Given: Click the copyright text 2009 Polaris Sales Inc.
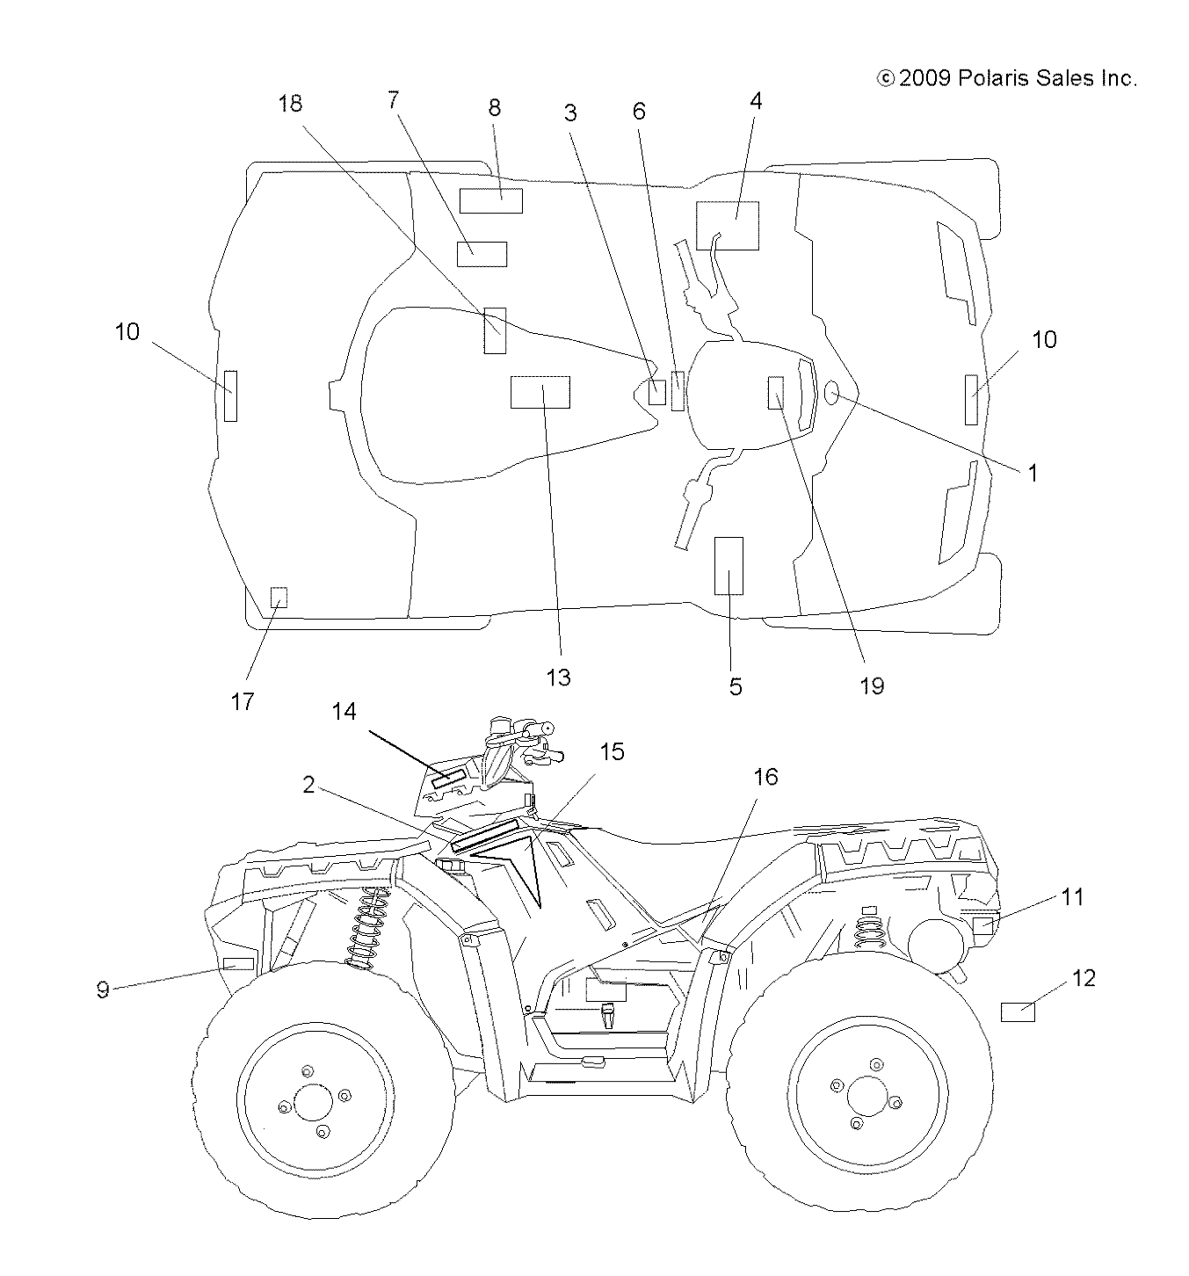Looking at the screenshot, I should pyautogui.click(x=1007, y=79).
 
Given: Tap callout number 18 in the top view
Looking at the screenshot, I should pyautogui.click(x=290, y=104).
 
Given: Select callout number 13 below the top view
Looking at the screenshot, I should pyautogui.click(x=558, y=678).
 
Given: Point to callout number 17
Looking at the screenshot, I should pyautogui.click(x=243, y=701).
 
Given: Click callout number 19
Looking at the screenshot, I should pyautogui.click(x=872, y=685).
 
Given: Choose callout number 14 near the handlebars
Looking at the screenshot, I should pyautogui.click(x=344, y=711).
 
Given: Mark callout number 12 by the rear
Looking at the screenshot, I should pyautogui.click(x=1084, y=978).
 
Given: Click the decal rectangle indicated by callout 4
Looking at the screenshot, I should pyautogui.click(x=728, y=225).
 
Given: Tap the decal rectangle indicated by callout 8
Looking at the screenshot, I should pyautogui.click(x=491, y=200).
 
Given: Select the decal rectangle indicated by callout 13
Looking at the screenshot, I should pyautogui.click(x=540, y=392).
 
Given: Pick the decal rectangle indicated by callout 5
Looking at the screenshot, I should pyautogui.click(x=729, y=566).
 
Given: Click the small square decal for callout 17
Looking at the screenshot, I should pyautogui.click(x=279, y=598).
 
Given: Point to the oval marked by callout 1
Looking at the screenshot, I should pyautogui.click(x=831, y=395).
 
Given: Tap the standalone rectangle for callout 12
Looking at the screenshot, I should pyautogui.click(x=1018, y=1011).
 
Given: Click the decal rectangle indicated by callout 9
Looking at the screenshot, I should pyautogui.click(x=238, y=963).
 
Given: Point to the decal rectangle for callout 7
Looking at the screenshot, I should pyautogui.click(x=482, y=253).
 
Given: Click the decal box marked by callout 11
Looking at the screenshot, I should pyautogui.click(x=983, y=924).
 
